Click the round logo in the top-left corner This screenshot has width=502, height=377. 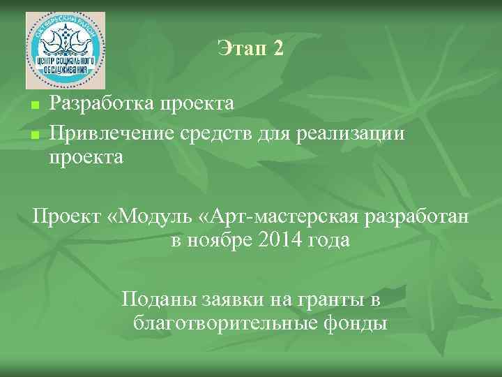click(x=66, y=50)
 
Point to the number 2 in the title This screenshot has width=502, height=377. click(x=278, y=48)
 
